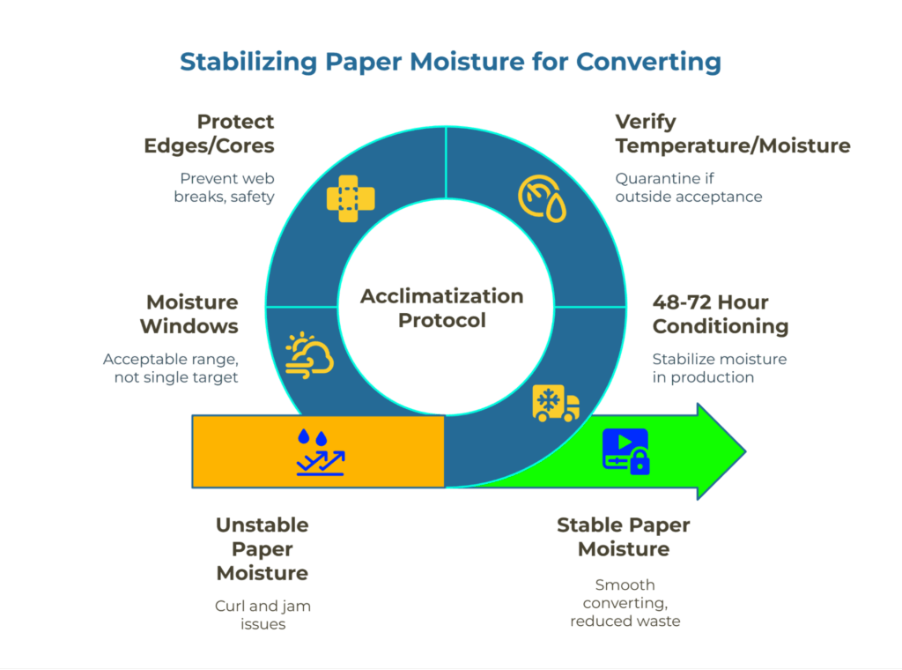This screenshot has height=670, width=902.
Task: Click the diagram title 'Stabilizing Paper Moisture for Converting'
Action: [450, 63]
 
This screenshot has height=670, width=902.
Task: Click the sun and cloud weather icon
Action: [309, 355]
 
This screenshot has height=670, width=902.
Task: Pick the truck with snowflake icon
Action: [556, 404]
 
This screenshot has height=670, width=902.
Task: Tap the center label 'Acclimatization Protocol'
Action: [441, 308]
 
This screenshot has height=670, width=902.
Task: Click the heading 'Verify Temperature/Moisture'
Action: [733, 133]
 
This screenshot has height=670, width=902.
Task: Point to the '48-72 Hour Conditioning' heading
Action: [720, 314]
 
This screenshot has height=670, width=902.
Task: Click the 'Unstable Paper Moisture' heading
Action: [262, 548]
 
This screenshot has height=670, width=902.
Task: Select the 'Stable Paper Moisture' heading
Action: [624, 537]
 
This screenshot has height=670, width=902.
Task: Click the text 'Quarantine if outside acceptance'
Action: [688, 187]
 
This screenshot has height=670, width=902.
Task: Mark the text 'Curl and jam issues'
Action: [262, 614]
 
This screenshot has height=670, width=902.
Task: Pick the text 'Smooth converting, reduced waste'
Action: [625, 602]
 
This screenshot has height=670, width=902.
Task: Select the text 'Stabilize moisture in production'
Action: [719, 368]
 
